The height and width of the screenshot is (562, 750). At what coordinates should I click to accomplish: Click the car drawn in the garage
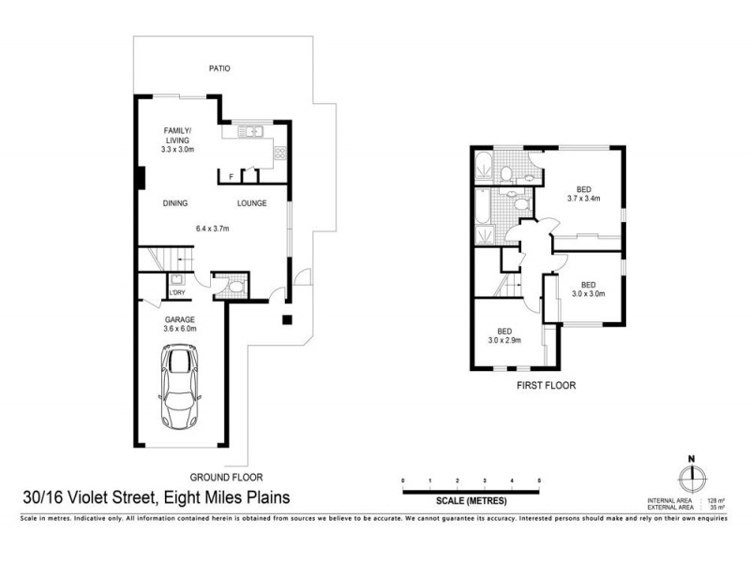point(182,386)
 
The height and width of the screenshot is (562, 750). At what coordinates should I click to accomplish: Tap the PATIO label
point(219,69)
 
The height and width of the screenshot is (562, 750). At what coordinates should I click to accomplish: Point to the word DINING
point(175,203)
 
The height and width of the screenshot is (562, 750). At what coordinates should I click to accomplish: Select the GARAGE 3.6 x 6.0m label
point(181,324)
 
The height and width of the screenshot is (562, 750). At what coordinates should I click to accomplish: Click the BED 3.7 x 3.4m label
point(583,193)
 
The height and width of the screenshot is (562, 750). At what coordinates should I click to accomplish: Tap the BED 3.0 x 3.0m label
point(588,288)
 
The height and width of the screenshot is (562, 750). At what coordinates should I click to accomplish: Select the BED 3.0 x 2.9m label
point(503,335)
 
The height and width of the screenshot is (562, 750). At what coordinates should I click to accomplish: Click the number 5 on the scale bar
point(539,481)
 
